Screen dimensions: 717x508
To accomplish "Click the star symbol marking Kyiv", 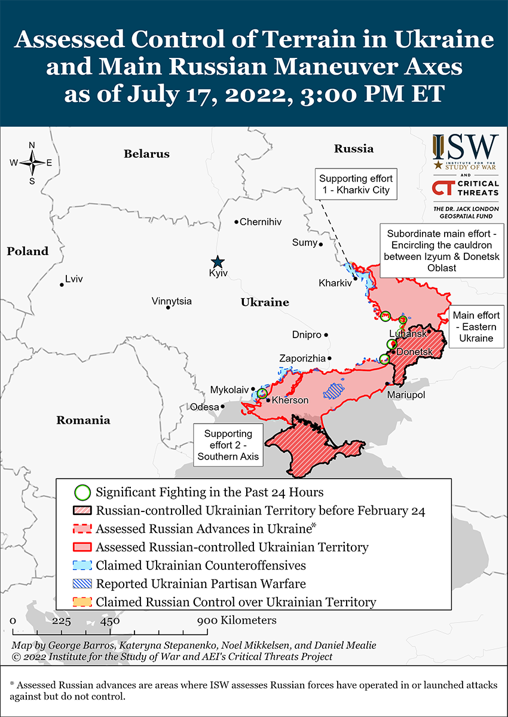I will (218, 262).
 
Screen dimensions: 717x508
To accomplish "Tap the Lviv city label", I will (74, 279).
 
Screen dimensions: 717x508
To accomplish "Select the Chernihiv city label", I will (260, 222).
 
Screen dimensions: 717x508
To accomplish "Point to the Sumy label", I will (304, 242).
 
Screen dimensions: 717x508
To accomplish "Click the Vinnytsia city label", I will (172, 301).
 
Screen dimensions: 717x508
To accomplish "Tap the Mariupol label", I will (406, 395).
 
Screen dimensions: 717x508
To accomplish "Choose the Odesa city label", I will (204, 407).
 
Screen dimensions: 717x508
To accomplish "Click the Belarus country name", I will (146, 154).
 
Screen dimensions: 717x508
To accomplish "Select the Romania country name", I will (83, 420).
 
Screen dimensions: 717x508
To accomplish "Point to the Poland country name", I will (27, 251).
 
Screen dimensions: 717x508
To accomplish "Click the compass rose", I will (32, 163).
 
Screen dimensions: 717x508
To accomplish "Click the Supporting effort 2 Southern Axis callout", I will (228, 445).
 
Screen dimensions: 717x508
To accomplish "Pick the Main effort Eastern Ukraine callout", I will (476, 326).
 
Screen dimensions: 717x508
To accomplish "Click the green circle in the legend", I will (83, 493).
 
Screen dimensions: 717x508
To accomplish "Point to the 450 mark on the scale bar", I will (110, 621).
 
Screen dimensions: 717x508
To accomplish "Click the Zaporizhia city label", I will (302, 358).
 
